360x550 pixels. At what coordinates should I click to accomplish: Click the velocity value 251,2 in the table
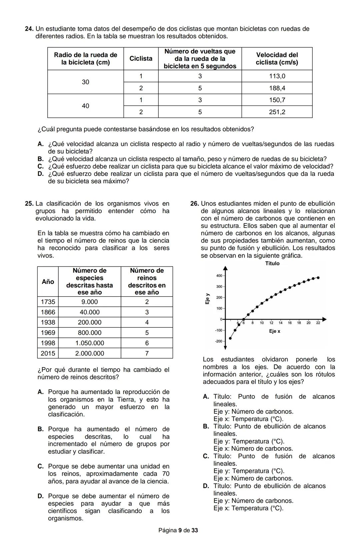tap(277, 112)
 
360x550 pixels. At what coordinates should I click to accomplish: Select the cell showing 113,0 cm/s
tap(277, 76)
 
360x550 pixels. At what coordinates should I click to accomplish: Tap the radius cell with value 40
tap(85, 106)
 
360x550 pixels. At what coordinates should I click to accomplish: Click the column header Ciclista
tap(141, 59)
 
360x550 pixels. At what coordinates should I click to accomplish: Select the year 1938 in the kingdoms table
tap(48, 322)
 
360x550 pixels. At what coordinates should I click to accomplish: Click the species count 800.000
tap(89, 333)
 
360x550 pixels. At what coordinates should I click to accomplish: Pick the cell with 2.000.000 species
tap(89, 353)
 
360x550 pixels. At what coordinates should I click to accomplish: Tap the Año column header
tap(48, 282)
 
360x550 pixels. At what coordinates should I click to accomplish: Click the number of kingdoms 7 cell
tap(147, 353)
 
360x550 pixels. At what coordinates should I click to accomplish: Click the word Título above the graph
tap(272, 264)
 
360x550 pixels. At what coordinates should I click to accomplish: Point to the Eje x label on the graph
tap(275, 331)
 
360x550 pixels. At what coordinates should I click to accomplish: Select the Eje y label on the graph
tap(207, 298)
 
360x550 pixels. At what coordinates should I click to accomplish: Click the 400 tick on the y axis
tap(219, 276)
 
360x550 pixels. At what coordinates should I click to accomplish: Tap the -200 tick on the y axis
tap(218, 341)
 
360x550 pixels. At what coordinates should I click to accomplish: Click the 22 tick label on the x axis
tap(318, 323)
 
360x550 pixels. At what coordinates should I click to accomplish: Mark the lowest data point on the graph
tap(230, 338)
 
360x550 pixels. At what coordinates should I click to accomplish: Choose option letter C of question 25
tap(41, 466)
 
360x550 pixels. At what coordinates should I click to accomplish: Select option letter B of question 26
tap(206, 426)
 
